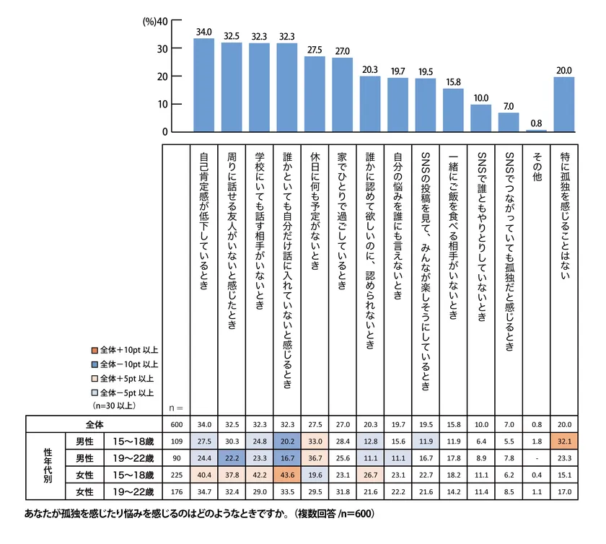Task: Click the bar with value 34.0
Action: (x=204, y=85)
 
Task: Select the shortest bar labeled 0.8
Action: (x=537, y=131)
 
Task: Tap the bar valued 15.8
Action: (x=454, y=110)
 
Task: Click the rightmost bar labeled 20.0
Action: (x=564, y=105)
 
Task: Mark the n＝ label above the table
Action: (x=176, y=405)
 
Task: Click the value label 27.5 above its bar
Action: (x=315, y=51)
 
